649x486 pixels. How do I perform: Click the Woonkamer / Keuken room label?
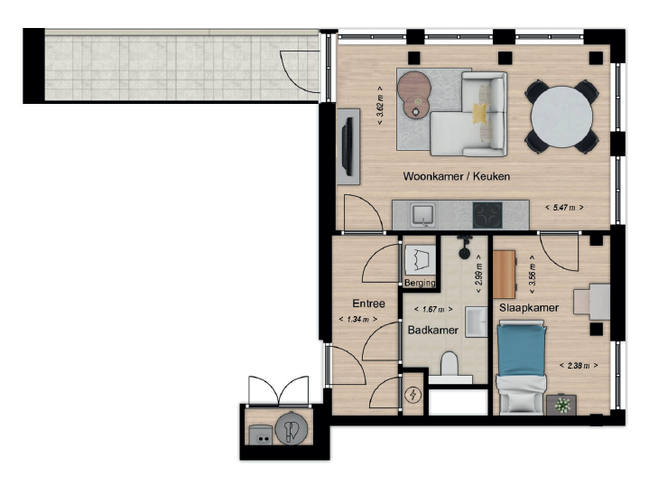click(x=456, y=176)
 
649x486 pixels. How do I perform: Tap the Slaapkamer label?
click(x=529, y=308)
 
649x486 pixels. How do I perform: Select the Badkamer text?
click(x=433, y=331)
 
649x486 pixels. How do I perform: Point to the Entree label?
click(x=368, y=304)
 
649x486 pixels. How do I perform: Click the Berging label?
click(x=420, y=283)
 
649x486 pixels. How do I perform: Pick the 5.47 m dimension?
click(x=564, y=207)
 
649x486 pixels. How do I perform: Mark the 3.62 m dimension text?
click(x=380, y=106)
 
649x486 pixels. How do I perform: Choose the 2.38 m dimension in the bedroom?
click(x=579, y=366)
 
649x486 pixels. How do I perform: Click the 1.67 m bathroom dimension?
click(x=433, y=309)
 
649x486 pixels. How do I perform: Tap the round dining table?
click(x=561, y=117)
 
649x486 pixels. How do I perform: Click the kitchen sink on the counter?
click(x=422, y=215)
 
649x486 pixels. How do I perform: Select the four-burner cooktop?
click(x=487, y=215)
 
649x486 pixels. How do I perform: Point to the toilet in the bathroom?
click(x=450, y=365)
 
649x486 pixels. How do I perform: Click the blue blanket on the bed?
click(x=522, y=350)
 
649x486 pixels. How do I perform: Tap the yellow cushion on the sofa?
click(x=480, y=113)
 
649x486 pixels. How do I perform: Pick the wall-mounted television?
click(x=347, y=146)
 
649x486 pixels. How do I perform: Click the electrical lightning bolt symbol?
click(x=413, y=395)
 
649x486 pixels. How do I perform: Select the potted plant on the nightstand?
click(x=562, y=404)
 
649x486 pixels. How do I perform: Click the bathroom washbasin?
click(x=476, y=322)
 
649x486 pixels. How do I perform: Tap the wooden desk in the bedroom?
click(x=505, y=275)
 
